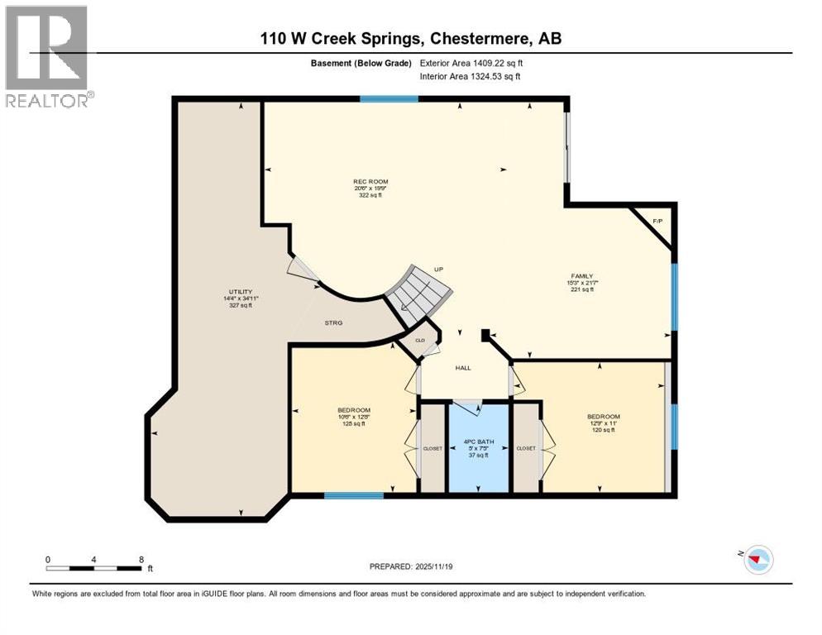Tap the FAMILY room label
tap(581, 282)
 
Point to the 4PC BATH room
tap(478, 447)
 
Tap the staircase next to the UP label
tap(422, 289)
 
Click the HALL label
tap(463, 368)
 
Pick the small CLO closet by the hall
tap(419, 340)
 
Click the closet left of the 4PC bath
tap(433, 448)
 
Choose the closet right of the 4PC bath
tap(526, 448)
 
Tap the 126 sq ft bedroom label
tap(353, 417)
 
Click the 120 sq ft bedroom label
tap(603, 423)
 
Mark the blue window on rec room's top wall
tap(388, 99)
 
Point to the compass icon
tap(757, 560)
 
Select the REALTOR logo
tap(47, 56)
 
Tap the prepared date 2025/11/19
tap(411, 566)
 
